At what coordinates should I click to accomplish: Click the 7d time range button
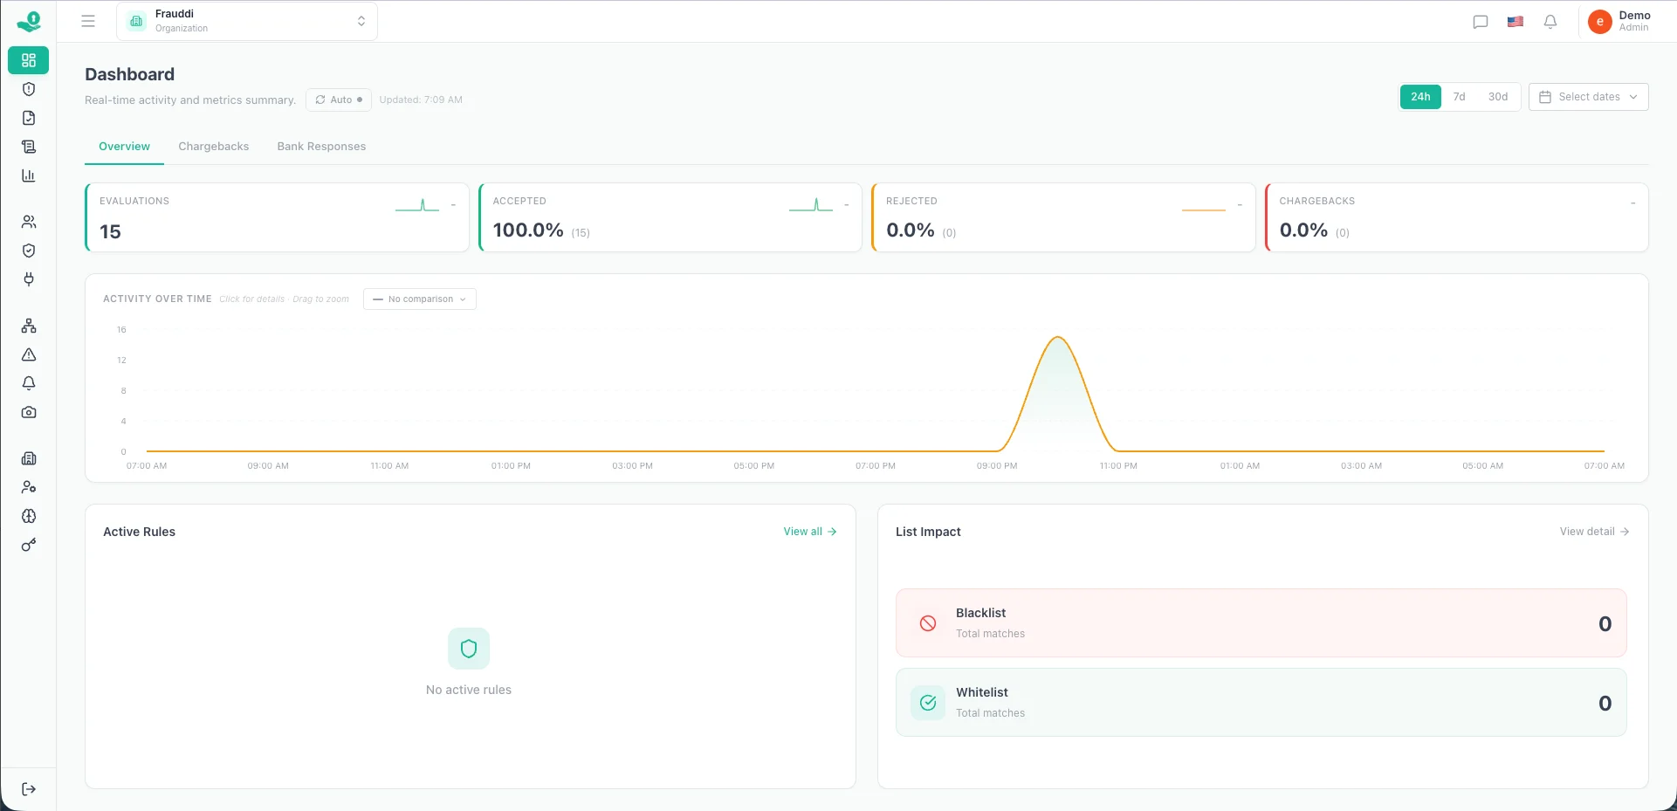click(1459, 97)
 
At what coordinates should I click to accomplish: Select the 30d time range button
click(1497, 97)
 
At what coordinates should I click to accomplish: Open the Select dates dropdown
click(1588, 97)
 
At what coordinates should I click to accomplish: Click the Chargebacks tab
click(214, 147)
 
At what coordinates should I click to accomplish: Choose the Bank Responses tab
click(321, 147)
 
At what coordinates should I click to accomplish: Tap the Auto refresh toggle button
click(339, 100)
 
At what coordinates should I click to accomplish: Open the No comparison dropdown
click(420, 299)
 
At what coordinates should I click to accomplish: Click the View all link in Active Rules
click(809, 532)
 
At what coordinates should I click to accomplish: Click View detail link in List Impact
click(1594, 532)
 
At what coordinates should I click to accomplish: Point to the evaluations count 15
click(110, 232)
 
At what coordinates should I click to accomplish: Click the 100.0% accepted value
click(528, 230)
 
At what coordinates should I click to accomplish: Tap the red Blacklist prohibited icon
click(928, 623)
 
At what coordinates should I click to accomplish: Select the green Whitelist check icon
click(928, 703)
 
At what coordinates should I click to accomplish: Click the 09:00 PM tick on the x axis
click(997, 466)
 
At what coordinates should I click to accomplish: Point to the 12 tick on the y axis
click(121, 361)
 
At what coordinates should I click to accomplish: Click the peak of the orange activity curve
click(1058, 337)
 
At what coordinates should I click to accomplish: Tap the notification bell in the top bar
click(1550, 22)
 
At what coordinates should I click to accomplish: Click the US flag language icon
click(1515, 22)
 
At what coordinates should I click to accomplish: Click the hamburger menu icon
click(88, 21)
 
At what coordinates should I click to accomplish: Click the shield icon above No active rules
click(469, 649)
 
